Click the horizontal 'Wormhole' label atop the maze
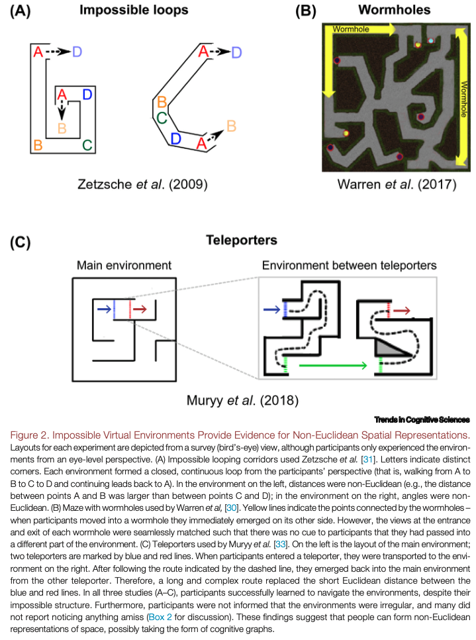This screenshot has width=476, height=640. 352,29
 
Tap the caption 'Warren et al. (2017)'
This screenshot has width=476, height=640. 396,184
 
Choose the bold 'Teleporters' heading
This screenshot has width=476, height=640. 241,240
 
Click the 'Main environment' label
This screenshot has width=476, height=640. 124,266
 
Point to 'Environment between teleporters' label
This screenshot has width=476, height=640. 349,266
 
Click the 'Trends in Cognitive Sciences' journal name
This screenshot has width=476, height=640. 422,419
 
